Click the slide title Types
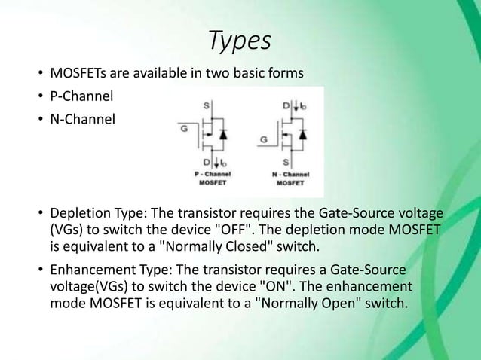pos(240,41)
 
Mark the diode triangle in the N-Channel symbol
pos(303,135)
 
